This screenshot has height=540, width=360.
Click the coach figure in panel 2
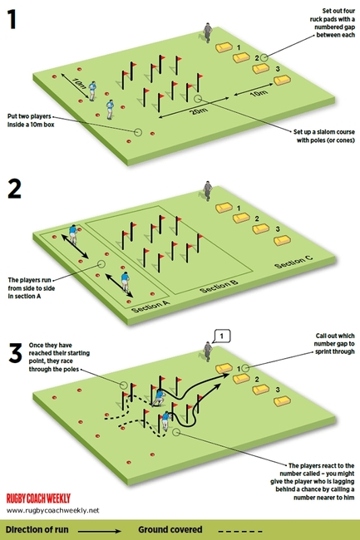(206, 189)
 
